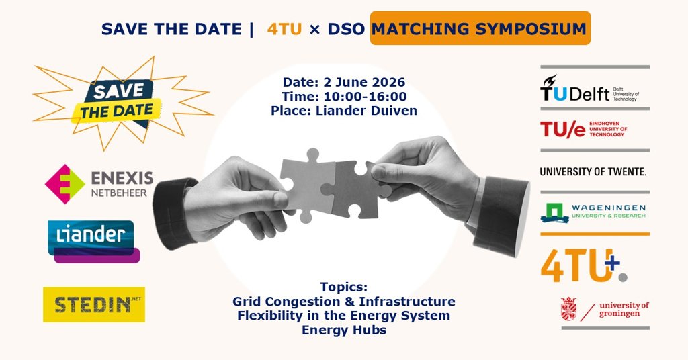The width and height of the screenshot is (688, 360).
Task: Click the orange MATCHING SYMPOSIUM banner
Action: [480, 28]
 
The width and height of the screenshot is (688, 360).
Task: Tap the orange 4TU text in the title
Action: [284, 29]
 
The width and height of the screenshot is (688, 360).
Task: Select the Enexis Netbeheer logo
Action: [99, 184]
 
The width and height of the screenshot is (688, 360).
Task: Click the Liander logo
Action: [93, 241]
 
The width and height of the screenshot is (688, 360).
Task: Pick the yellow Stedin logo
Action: [94, 305]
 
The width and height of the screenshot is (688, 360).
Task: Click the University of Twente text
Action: [593, 171]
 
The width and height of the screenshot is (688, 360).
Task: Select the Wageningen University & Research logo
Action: [593, 213]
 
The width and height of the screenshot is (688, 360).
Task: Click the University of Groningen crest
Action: [568, 309]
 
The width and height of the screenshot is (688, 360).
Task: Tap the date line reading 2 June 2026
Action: [344, 82]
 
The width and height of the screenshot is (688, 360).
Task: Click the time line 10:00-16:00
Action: [344, 97]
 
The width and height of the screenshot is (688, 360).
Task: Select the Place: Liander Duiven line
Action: [344, 111]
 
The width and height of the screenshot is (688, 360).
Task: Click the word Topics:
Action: [344, 287]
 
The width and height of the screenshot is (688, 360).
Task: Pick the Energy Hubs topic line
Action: [344, 330]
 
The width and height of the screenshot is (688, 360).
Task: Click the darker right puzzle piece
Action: [356, 189]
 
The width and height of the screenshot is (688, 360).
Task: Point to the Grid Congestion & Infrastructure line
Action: [344, 302]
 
